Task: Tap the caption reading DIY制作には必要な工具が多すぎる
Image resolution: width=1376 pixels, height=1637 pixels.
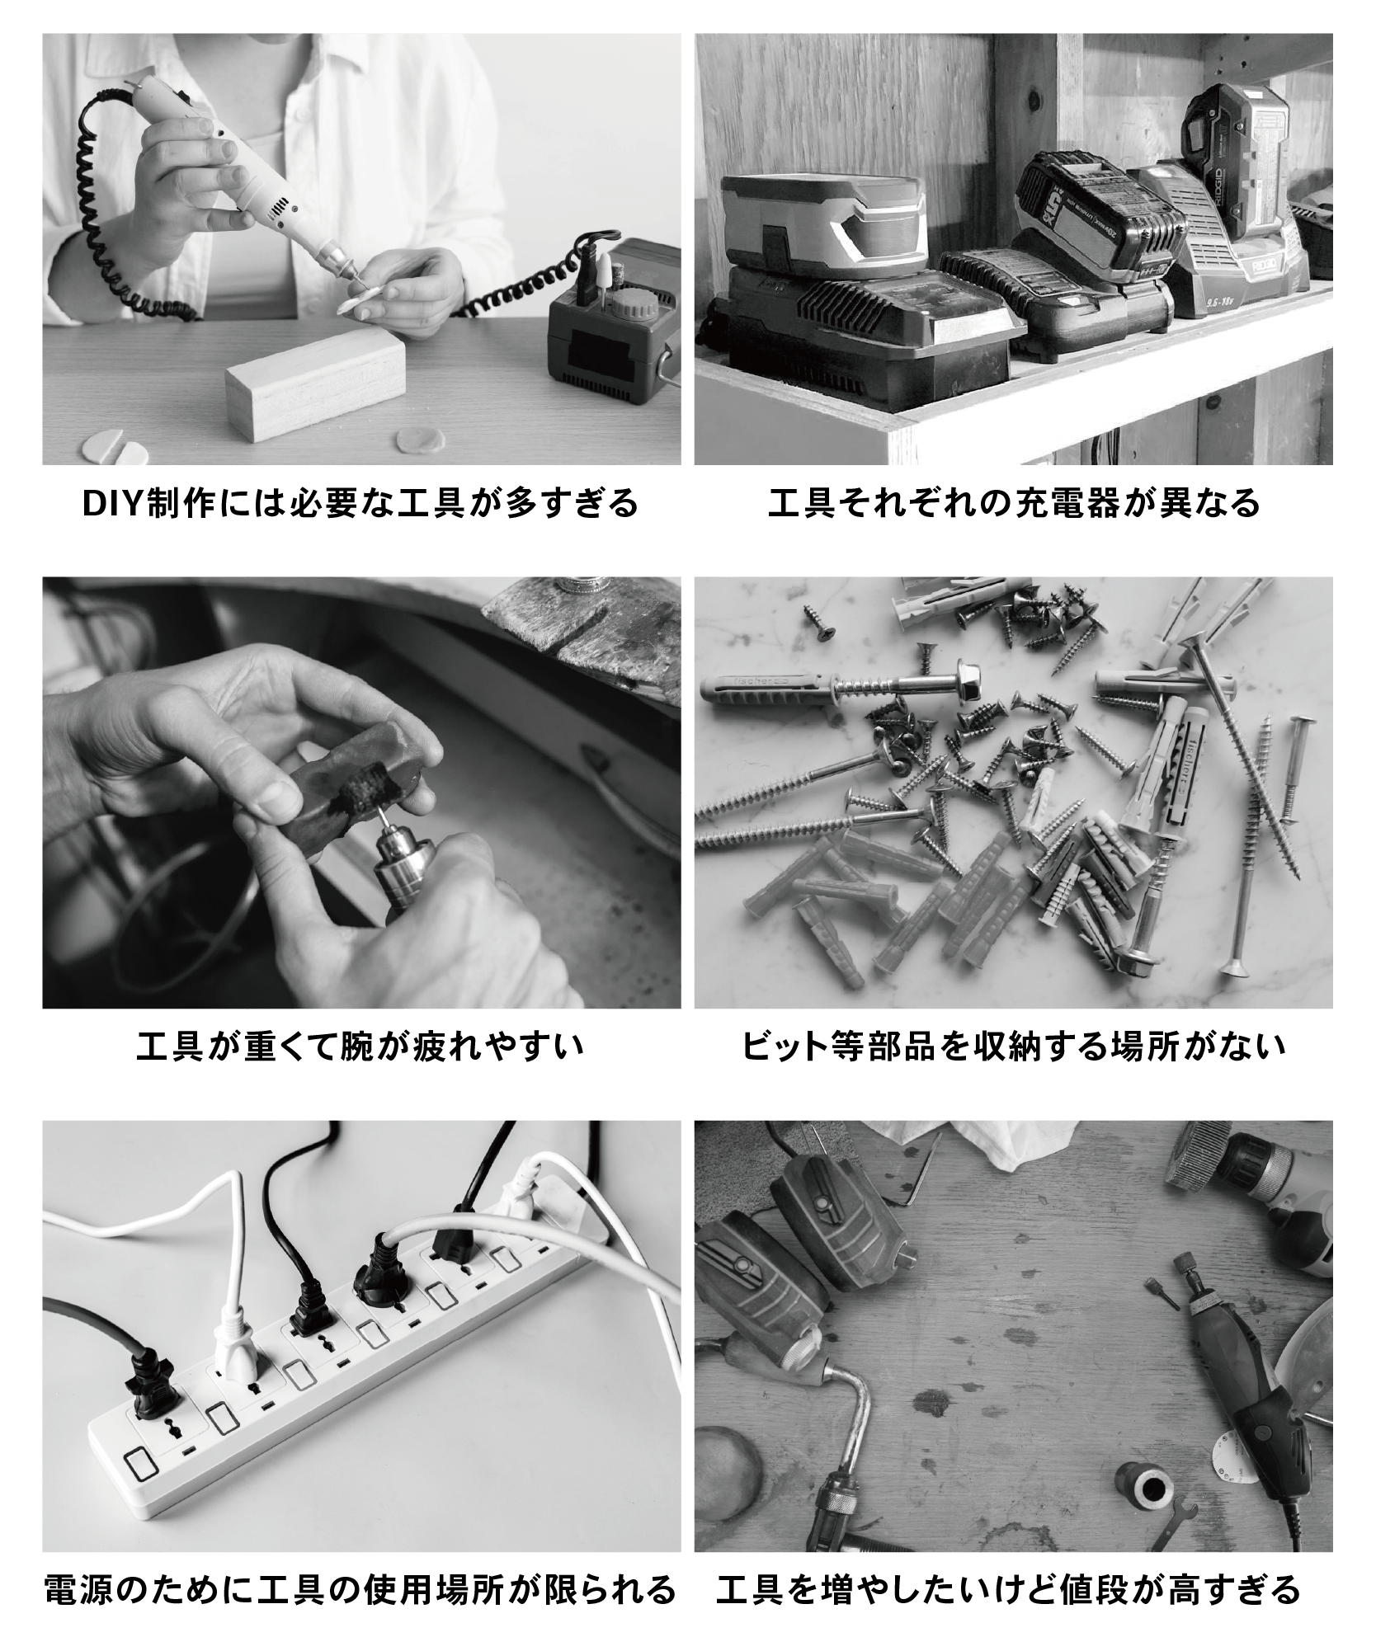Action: (361, 503)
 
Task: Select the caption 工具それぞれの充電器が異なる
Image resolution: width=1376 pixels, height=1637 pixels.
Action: (1014, 503)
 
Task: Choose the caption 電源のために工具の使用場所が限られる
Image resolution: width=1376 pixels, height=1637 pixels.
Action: (360, 1588)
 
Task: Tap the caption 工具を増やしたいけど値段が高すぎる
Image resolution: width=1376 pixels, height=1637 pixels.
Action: (1008, 1588)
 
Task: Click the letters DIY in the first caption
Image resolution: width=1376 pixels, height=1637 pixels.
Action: (113, 504)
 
